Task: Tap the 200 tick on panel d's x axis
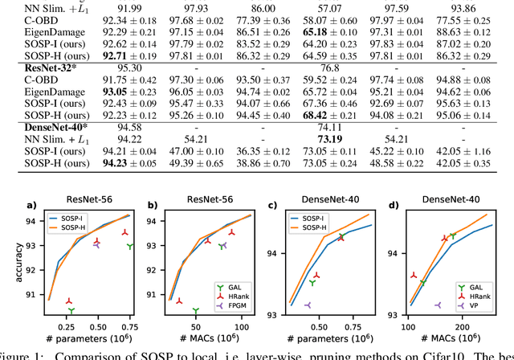tap(465, 328)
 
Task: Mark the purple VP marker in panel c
tap(308, 305)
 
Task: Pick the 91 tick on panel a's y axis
tap(35, 295)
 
